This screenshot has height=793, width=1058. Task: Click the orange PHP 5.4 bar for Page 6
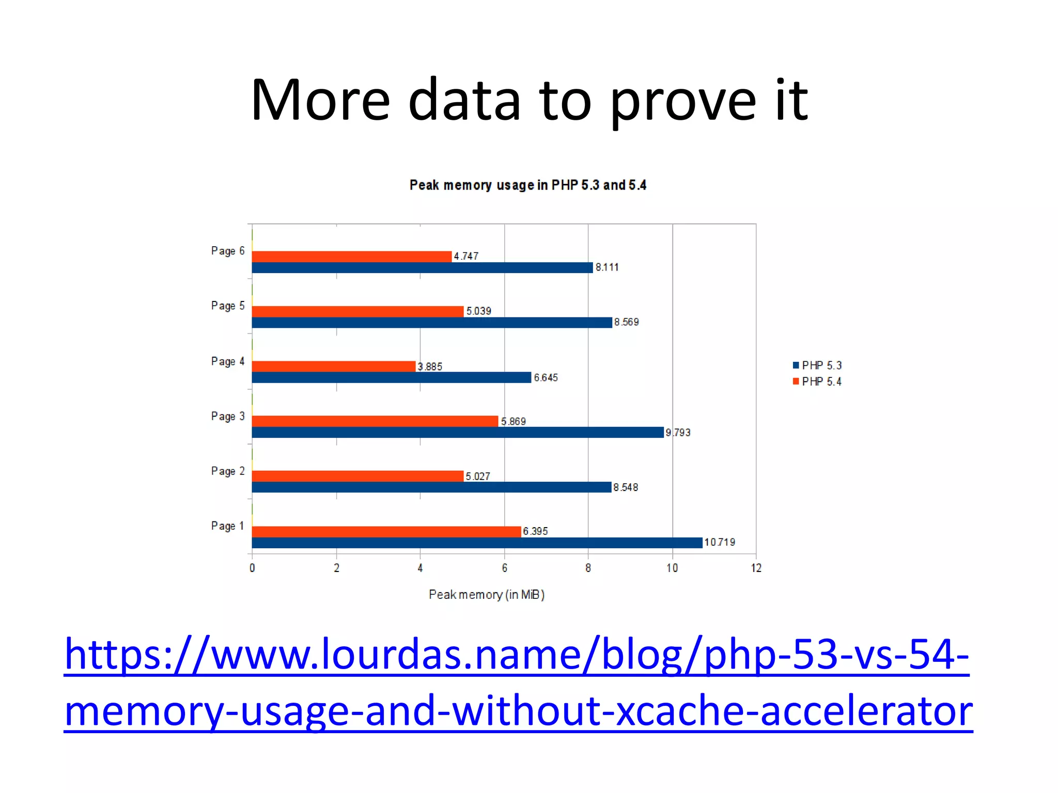(x=351, y=257)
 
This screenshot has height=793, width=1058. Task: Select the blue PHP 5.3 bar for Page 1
(x=476, y=543)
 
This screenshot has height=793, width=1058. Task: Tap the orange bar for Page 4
(x=333, y=366)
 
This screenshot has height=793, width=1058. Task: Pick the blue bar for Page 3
(x=457, y=432)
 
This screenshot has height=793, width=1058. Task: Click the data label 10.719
(x=720, y=542)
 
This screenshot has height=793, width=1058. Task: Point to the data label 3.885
(x=430, y=367)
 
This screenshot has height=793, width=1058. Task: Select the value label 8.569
(x=626, y=322)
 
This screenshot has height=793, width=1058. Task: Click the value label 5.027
(x=478, y=476)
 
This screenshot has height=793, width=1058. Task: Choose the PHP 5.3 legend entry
(x=817, y=366)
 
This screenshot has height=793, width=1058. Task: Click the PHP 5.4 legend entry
(x=817, y=382)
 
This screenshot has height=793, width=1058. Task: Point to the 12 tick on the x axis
(x=756, y=568)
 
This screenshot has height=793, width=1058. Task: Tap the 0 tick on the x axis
(x=252, y=568)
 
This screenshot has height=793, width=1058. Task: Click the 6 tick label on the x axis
(x=504, y=568)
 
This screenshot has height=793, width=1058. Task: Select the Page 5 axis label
(x=228, y=306)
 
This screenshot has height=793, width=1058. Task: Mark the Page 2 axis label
(x=228, y=471)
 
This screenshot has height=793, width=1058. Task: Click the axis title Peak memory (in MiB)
(x=487, y=595)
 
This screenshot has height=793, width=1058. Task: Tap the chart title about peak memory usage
(x=527, y=185)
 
